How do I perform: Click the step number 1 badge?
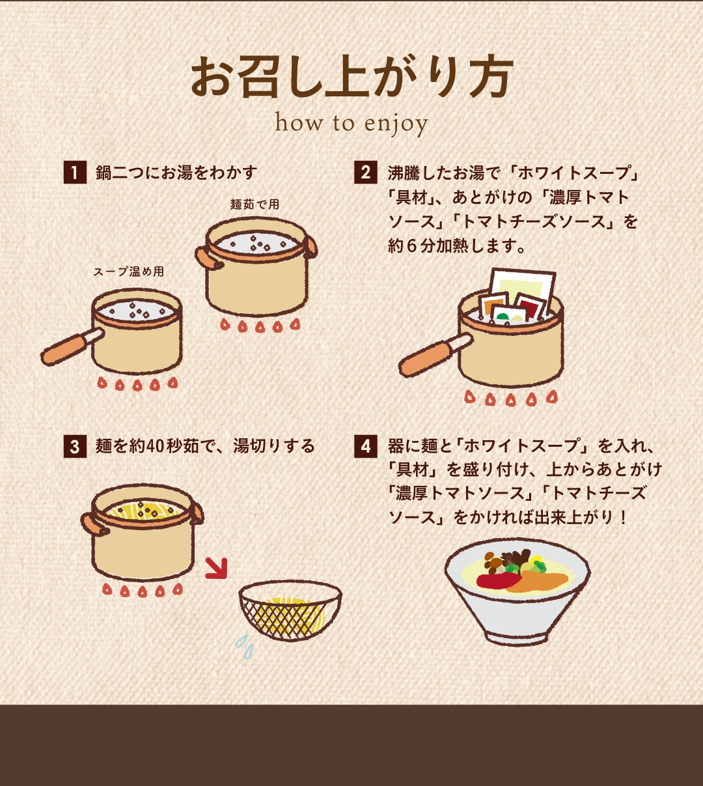coord(75,173)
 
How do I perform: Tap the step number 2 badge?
coord(366,173)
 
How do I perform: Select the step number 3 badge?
coord(75,446)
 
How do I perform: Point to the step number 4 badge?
coord(366,446)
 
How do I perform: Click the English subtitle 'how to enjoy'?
coord(351,124)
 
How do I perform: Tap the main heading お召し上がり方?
coord(352,77)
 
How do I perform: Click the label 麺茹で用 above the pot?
coord(255,204)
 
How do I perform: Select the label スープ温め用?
coord(129,272)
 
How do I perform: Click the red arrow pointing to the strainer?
coord(216,568)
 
